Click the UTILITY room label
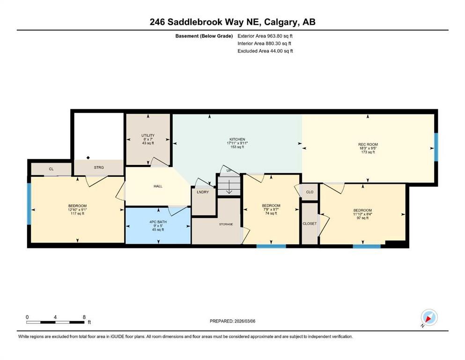(x=148, y=135)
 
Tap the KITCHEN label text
(x=237, y=139)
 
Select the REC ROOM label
(x=368, y=144)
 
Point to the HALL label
(x=158, y=186)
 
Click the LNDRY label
(x=203, y=192)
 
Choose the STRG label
(x=98, y=167)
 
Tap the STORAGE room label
(x=226, y=225)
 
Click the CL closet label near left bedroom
(x=51, y=168)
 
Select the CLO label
(x=310, y=192)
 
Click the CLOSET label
(x=310, y=224)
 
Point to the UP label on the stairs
(x=229, y=170)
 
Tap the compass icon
(x=429, y=318)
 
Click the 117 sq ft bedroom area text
(x=77, y=214)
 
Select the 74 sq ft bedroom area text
(x=271, y=213)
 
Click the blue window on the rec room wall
(x=435, y=147)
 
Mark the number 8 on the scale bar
(x=84, y=317)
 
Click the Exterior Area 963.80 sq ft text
(x=266, y=36)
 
